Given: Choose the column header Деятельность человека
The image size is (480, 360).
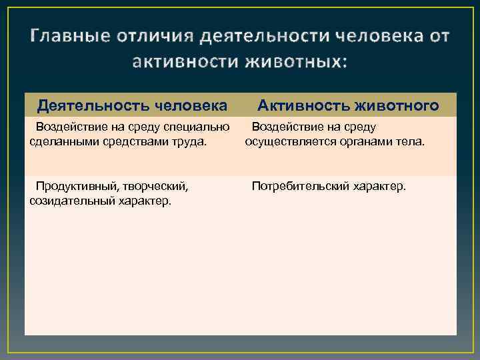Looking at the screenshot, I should [132, 105].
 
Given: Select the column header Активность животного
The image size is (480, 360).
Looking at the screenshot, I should [348, 105].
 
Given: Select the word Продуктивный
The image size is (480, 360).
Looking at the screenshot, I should [74, 186].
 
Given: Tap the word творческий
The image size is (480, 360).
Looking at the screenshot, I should [156, 186].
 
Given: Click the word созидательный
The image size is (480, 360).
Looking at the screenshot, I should [69, 201].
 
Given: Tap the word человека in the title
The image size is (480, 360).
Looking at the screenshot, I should [376, 36].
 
